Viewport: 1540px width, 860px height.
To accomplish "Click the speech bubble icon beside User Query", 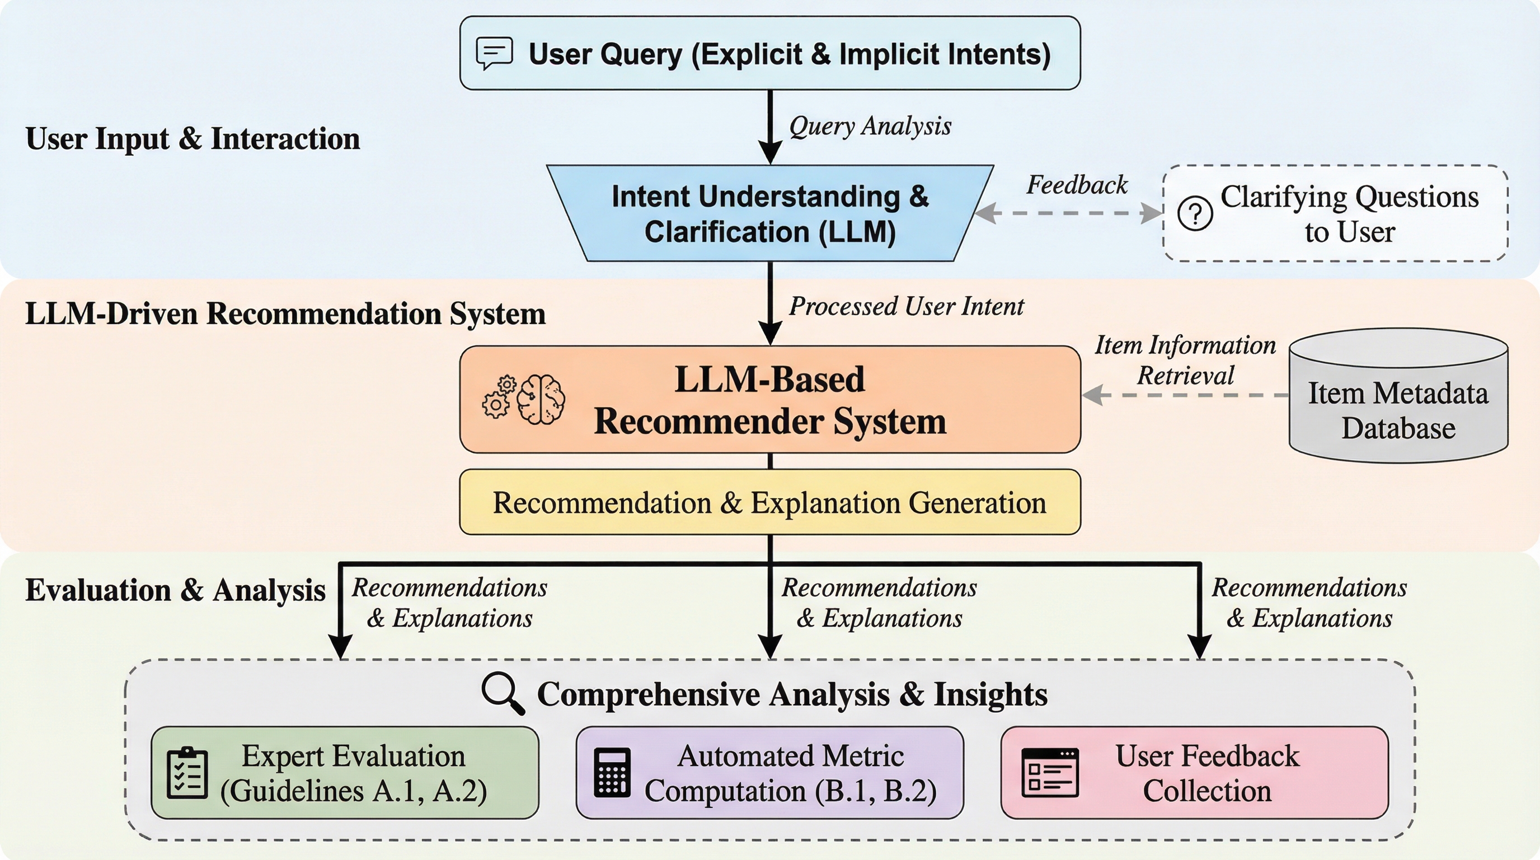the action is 494,53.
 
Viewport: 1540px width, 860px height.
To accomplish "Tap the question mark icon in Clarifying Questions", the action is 1195,213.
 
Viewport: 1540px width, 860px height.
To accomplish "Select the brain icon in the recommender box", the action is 541,400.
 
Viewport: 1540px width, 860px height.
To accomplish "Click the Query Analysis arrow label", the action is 870,127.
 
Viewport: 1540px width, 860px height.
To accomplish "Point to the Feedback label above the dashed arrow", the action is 1077,185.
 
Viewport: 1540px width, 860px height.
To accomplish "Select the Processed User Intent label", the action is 907,306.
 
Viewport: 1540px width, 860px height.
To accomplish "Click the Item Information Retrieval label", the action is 1185,360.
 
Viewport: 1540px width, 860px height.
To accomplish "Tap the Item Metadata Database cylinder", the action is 1398,395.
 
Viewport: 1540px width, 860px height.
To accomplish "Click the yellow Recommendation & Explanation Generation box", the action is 770,502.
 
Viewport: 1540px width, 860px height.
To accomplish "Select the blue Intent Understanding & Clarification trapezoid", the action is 770,213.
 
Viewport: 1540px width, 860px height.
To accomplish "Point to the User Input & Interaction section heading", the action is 192,139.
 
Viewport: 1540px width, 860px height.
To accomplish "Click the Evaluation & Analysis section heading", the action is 175,590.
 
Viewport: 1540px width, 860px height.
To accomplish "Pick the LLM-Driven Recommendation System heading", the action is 285,314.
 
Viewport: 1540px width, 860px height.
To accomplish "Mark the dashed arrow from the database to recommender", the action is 1185,395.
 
